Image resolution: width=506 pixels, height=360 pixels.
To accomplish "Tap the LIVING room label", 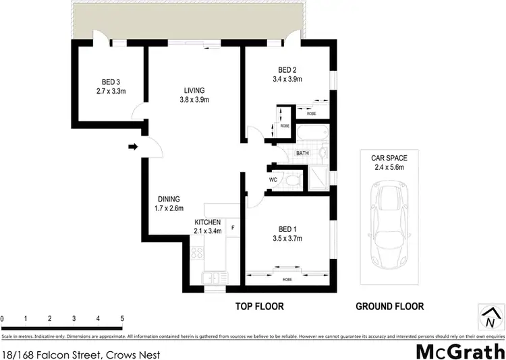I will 195,90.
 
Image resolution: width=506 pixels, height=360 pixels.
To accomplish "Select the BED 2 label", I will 287,69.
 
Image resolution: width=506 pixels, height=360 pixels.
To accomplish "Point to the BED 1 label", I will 287,228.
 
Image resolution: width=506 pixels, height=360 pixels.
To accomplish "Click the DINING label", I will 169,199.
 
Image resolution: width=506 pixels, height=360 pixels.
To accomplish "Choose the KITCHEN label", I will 207,222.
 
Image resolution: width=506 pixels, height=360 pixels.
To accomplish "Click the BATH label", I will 302,153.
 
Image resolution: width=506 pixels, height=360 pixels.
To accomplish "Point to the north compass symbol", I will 490,315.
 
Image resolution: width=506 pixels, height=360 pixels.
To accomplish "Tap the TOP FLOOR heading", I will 259,306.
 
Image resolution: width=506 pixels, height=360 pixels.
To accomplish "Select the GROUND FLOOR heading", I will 390,306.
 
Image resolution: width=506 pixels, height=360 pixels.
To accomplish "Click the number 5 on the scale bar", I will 122,318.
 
